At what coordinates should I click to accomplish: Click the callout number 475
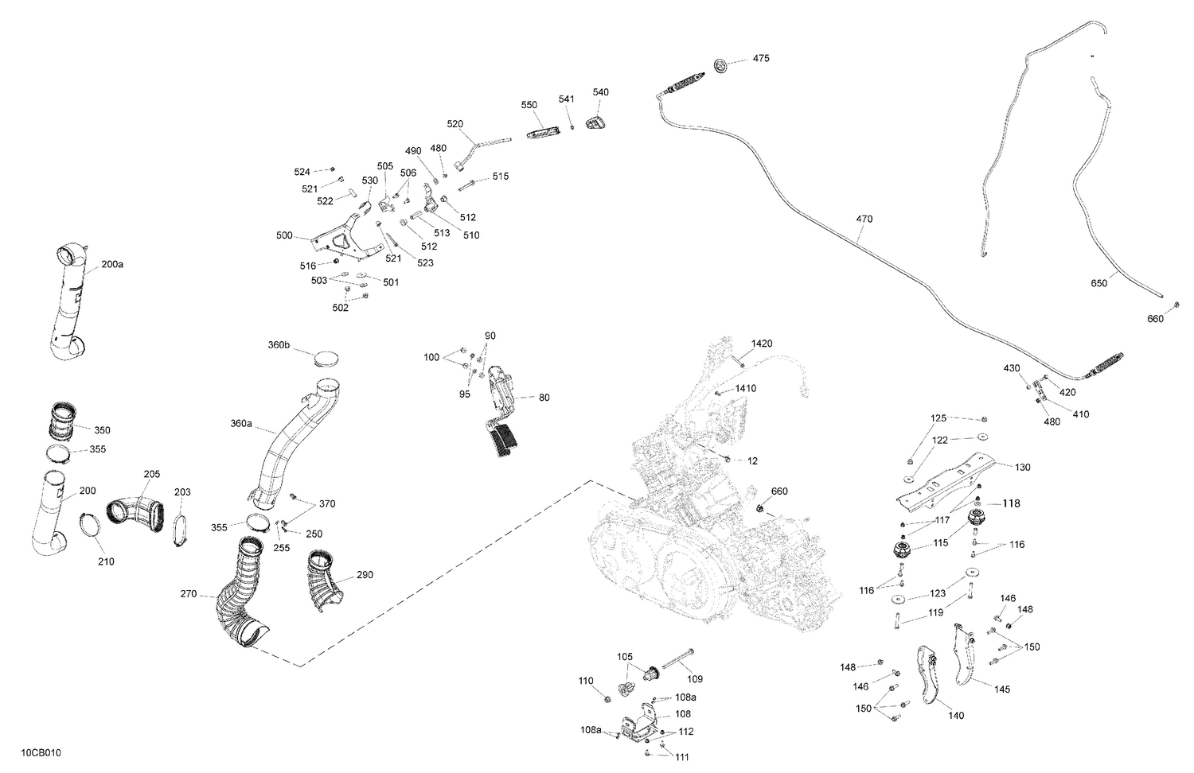pos(761,59)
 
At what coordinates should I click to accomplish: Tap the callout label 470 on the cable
pos(864,219)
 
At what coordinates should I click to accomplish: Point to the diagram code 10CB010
pos(41,752)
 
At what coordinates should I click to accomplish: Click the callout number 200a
pos(112,264)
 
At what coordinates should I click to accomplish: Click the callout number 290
pos(365,575)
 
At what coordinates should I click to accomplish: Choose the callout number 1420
pos(761,344)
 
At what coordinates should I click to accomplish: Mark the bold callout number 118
pos(1010,503)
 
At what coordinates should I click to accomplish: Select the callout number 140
pos(956,716)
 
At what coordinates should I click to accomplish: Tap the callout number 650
pos(1098,283)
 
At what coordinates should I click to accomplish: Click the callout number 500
pos(283,235)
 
